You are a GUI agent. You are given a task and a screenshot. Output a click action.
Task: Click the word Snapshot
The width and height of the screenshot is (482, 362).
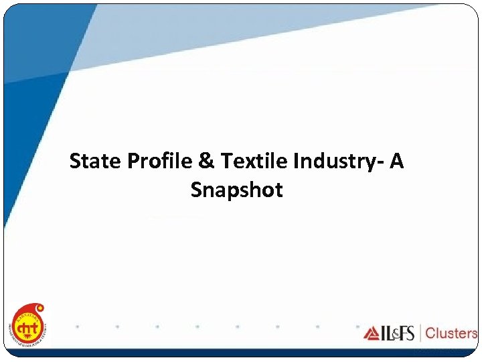(x=236, y=190)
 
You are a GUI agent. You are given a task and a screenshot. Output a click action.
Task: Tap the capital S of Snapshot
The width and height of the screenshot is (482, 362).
(x=197, y=190)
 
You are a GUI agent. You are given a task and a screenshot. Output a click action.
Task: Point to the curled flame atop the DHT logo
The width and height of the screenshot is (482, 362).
(x=39, y=309)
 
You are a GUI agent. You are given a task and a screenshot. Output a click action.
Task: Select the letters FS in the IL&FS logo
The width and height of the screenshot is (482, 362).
(x=406, y=333)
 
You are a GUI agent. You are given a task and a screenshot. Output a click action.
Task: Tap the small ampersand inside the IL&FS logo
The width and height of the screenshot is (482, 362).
(x=394, y=334)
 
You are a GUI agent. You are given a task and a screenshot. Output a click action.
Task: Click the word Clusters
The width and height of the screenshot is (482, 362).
(x=451, y=333)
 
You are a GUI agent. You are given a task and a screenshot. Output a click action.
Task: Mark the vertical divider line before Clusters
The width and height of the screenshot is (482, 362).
(x=420, y=333)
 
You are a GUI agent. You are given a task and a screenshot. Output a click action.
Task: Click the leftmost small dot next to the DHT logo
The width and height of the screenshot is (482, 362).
(x=78, y=327)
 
